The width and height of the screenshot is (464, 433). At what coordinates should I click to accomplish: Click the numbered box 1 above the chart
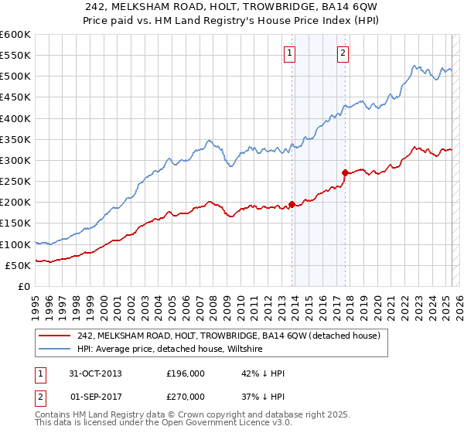[288, 53]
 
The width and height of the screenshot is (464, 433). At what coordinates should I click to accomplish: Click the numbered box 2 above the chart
[342, 53]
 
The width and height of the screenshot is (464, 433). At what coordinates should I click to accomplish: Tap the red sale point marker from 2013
[292, 204]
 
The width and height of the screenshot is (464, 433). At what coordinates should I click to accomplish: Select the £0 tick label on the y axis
[24, 286]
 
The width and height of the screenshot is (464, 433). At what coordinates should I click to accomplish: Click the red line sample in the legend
[54, 336]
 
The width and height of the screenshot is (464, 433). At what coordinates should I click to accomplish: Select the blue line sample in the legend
[54, 349]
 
